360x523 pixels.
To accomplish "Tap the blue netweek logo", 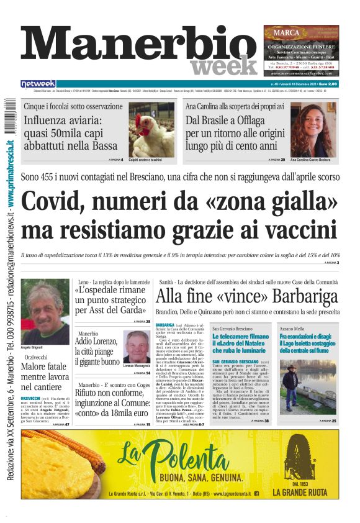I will click(38, 84).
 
